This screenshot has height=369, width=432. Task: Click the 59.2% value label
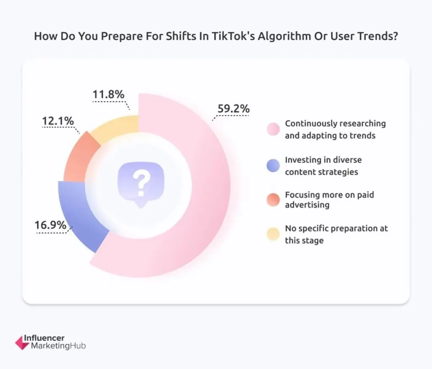click(x=233, y=109)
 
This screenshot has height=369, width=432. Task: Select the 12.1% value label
click(x=58, y=121)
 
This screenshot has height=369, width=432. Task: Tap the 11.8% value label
click(x=108, y=95)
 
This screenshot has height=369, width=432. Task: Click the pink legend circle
click(x=273, y=130)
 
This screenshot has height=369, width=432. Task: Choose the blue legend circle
click(x=273, y=166)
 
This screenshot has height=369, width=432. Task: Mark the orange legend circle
click(x=273, y=200)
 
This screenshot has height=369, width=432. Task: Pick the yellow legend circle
click(x=273, y=234)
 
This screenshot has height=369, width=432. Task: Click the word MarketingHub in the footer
click(x=59, y=347)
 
